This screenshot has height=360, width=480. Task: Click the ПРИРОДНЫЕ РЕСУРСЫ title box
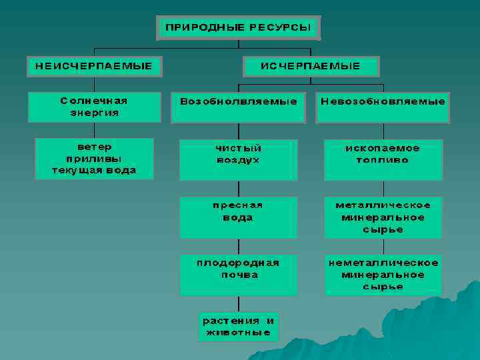(239, 28)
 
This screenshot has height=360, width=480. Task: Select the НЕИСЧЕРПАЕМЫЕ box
(94, 66)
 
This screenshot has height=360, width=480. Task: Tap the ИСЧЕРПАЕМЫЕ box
(311, 66)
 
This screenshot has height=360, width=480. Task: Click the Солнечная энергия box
(94, 107)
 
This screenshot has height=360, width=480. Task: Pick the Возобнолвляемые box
(239, 107)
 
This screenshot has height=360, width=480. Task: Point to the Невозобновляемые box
(383, 107)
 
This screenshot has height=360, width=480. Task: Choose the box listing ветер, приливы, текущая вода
(94, 159)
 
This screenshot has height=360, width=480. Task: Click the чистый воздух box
(239, 159)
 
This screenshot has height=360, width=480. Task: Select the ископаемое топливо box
(383, 159)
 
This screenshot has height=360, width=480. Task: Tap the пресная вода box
(239, 217)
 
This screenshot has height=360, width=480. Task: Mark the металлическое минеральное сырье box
(383, 217)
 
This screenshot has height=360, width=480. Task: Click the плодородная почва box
(239, 274)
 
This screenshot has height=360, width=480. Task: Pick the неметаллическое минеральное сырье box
(383, 274)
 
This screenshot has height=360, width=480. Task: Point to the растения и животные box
(239, 326)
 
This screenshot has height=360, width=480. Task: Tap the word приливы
(94, 159)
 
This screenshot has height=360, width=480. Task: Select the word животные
(239, 332)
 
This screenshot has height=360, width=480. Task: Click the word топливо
(383, 161)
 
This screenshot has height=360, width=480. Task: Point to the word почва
(239, 275)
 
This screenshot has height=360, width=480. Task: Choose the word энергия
(94, 113)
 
